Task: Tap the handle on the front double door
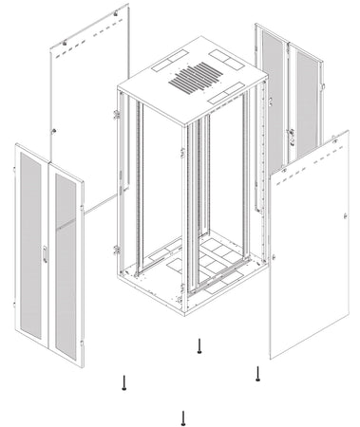(x=44, y=253)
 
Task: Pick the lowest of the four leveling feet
(x=182, y=417)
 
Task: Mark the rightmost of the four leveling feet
(x=258, y=374)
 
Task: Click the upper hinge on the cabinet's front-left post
(x=117, y=115)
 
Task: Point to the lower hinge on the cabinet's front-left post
(x=117, y=250)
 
